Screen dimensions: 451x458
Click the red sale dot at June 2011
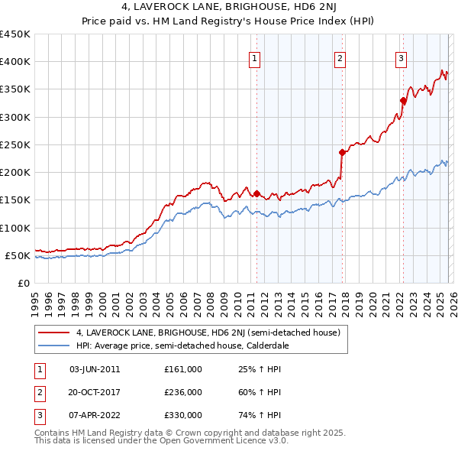point(256,193)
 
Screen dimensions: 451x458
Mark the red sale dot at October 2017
point(343,152)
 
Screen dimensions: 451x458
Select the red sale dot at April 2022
point(403,100)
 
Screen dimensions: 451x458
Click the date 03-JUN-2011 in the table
point(95,369)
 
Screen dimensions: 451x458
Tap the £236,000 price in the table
point(183,392)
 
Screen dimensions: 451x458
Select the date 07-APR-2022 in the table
point(95,415)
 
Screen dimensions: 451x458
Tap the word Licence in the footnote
point(241,440)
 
